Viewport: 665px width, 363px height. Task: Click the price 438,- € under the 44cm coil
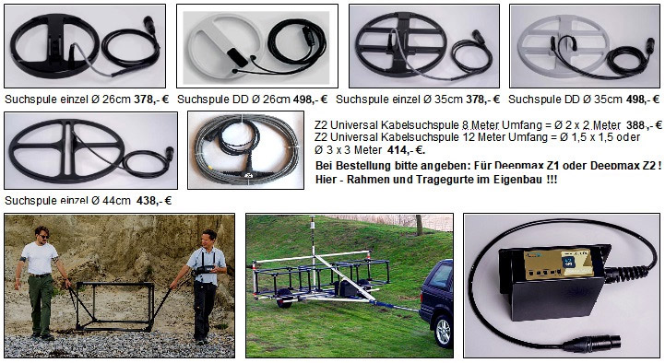(154, 200)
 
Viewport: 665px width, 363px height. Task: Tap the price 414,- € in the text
(406, 150)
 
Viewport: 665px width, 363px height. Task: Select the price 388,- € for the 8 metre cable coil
(644, 125)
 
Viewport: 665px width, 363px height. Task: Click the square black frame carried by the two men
(114, 306)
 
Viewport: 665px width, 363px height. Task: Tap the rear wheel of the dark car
(443, 332)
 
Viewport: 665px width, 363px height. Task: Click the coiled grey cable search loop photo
(245, 150)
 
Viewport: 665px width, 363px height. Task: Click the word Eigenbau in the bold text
(521, 180)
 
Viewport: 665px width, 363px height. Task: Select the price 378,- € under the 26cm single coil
(151, 100)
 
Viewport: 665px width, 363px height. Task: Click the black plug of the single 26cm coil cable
(149, 25)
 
